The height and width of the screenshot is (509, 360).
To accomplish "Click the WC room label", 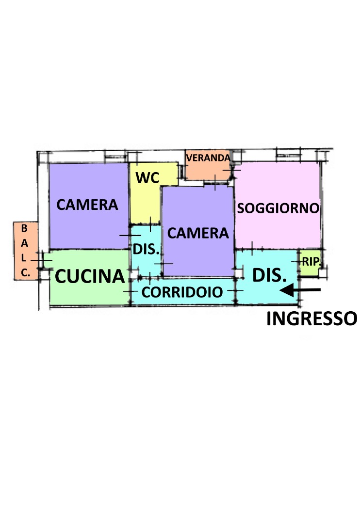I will pyautogui.click(x=147, y=178).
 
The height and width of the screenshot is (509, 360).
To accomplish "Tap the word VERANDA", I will pyautogui.click(x=208, y=158).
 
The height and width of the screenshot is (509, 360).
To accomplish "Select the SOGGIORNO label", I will pyautogui.click(x=278, y=208).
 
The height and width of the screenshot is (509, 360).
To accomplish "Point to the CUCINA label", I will pyautogui.click(x=90, y=276).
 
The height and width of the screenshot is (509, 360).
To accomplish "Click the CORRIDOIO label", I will pyautogui.click(x=182, y=292).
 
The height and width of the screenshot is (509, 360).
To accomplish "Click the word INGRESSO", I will pyautogui.click(x=311, y=318).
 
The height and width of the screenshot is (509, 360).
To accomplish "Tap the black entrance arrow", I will pyautogui.click(x=301, y=290).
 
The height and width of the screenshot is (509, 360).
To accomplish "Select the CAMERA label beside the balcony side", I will pyautogui.click(x=87, y=205).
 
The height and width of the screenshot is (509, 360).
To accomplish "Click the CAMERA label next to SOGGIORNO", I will pyautogui.click(x=197, y=233).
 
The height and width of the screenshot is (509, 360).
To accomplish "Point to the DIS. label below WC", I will pyautogui.click(x=146, y=250).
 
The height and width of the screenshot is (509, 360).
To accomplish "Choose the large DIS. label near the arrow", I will pyautogui.click(x=268, y=276).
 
